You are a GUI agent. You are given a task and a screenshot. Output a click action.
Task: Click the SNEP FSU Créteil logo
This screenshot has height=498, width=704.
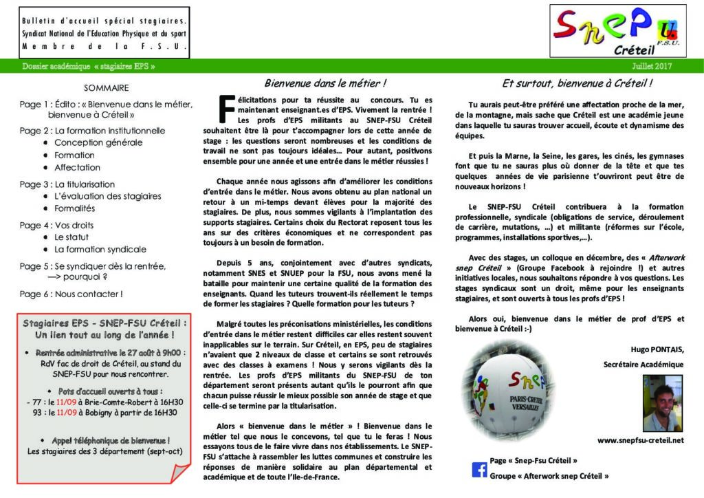coord(617,31)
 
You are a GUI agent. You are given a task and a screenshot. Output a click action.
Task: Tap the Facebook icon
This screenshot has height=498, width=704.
coord(479,470)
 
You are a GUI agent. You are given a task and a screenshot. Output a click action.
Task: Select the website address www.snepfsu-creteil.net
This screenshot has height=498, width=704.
coord(640,440)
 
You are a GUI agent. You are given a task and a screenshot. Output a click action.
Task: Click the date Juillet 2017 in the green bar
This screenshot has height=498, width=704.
coord(652,67)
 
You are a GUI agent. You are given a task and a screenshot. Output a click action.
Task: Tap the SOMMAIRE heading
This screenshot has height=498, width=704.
coord(106,88)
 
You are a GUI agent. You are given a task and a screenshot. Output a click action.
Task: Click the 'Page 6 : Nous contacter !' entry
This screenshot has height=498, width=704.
coord(71,294)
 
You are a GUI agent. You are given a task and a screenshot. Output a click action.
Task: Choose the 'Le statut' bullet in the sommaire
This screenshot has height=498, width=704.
coord(74,237)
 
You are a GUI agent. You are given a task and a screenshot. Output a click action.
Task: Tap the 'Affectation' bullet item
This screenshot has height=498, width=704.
coord(77,167)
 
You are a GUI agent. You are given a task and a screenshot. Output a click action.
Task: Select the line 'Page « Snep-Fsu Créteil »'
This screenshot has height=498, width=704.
coord(533,460)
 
